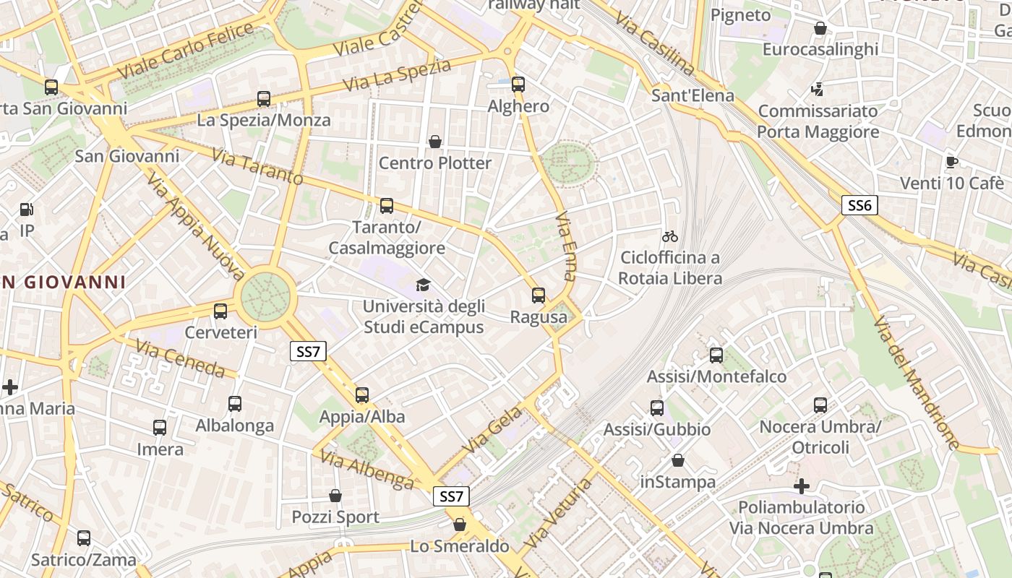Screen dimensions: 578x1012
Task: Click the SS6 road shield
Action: pos(859,205)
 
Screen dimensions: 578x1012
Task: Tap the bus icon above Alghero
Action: pos(518,84)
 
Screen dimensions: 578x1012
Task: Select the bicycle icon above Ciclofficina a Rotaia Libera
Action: pos(670,236)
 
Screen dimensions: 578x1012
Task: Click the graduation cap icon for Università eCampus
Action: pos(423,285)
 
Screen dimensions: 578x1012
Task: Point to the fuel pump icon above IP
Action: pos(27,210)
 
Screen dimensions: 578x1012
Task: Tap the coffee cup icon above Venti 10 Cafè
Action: pos(951,161)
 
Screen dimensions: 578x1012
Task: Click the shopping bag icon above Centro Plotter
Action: pos(435,142)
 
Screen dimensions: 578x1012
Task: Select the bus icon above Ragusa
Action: pos(539,295)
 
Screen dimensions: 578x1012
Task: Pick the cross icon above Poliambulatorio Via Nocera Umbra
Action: pos(802,486)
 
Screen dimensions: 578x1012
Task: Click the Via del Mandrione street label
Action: pos(916,383)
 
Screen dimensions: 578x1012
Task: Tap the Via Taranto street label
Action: pos(257,166)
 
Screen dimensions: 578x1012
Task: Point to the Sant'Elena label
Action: pos(692,95)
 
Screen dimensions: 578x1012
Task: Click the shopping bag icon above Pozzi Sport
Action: pos(335,496)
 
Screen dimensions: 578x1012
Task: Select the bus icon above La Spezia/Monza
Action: pos(264,99)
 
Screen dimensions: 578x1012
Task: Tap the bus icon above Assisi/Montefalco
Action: pos(716,355)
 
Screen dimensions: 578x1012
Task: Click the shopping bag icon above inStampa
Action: pos(678,460)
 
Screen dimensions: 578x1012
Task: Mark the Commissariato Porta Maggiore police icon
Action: pos(818,90)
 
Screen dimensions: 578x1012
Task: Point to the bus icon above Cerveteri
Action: pos(220,311)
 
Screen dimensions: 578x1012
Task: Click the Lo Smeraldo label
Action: pos(460,546)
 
